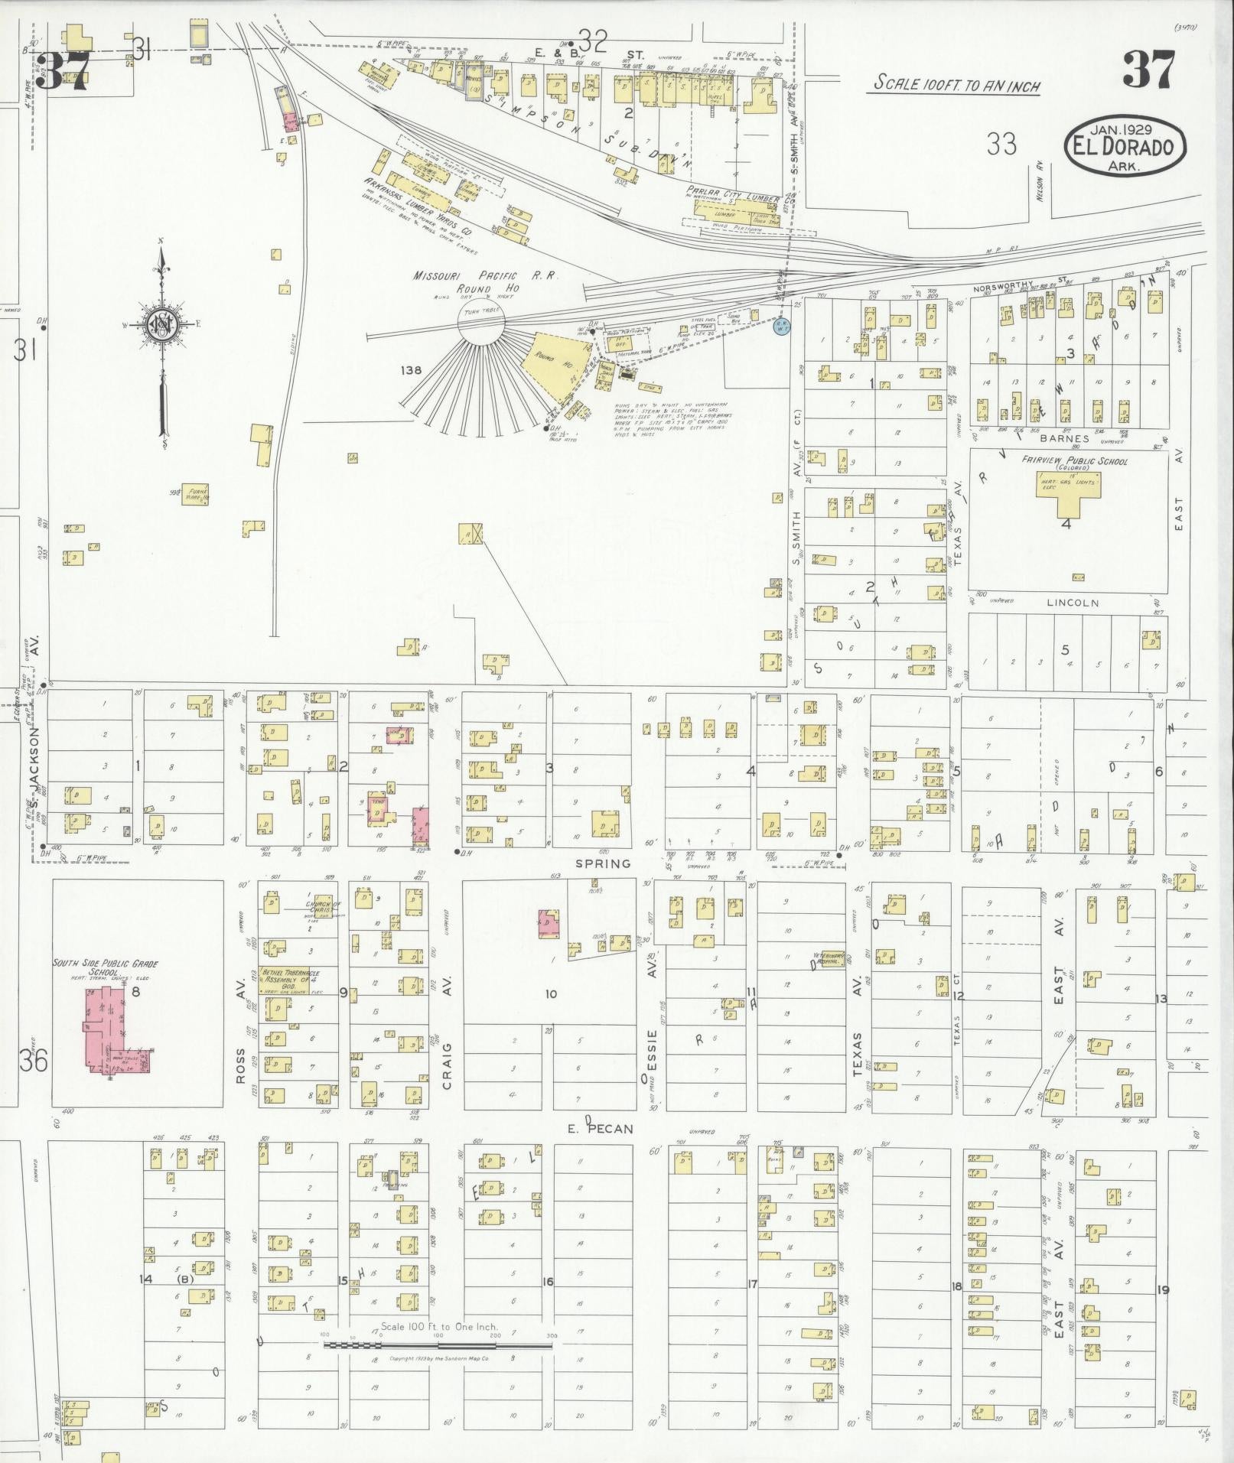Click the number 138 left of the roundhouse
(412, 370)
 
